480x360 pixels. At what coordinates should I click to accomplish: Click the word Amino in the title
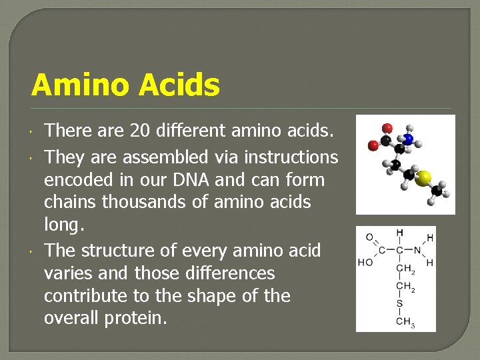79,85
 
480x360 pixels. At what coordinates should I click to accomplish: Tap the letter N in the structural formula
417,251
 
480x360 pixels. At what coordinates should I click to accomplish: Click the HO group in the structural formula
365,263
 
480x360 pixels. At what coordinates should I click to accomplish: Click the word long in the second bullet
63,225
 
